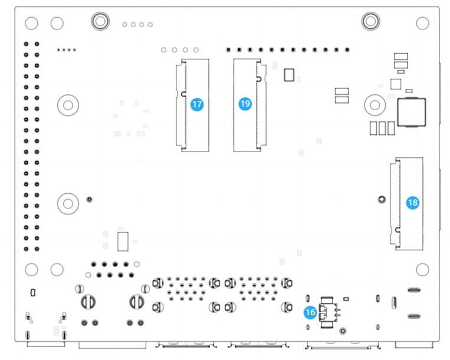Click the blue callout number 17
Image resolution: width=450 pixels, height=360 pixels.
197,104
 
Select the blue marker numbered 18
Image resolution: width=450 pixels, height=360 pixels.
413,202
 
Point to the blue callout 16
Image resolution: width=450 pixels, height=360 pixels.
310,312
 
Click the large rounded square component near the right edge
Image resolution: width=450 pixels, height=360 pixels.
412,112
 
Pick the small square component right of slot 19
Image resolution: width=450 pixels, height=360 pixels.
288,74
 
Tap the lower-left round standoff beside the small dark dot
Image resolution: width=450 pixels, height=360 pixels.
68,203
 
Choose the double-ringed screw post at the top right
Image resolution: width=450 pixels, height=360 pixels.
370,21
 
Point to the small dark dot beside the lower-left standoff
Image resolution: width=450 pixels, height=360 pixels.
89,199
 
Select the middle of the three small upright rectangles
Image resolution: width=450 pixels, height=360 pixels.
382,128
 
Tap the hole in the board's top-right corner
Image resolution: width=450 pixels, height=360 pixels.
422,23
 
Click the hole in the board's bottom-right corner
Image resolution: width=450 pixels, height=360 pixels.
422,269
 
